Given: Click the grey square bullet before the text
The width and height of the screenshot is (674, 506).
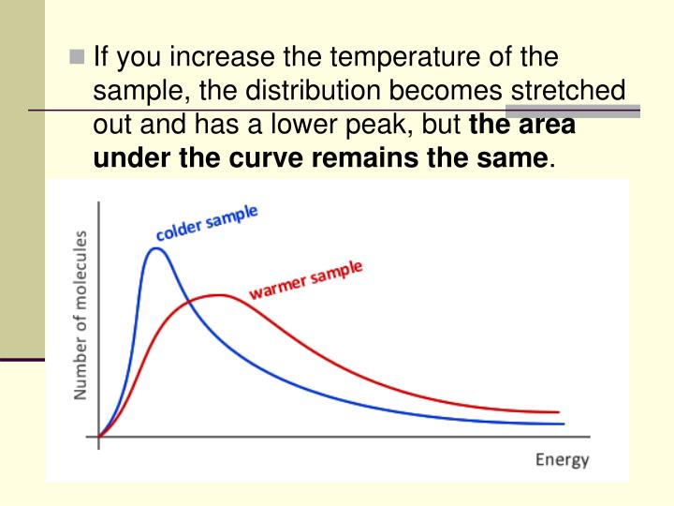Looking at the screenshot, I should [79, 59].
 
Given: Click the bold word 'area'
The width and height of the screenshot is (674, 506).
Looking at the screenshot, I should [546, 125].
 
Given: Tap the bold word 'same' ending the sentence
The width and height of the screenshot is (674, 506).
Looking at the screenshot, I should [513, 157].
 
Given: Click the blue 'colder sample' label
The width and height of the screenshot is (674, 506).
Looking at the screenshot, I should [207, 223].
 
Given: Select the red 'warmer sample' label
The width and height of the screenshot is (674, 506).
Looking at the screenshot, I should [305, 280].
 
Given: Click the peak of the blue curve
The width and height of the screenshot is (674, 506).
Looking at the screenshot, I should [156, 248].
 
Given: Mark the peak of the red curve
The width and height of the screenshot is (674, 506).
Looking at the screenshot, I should [219, 295].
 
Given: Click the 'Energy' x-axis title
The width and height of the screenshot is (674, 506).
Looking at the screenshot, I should [562, 459].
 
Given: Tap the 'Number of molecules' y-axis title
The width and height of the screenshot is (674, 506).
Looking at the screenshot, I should [81, 315].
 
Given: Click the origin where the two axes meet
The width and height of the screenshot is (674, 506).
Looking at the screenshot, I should [98, 437].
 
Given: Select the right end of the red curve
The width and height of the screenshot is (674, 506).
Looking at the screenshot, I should [559, 412].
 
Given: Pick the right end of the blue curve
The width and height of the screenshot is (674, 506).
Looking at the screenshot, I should [564, 424].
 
